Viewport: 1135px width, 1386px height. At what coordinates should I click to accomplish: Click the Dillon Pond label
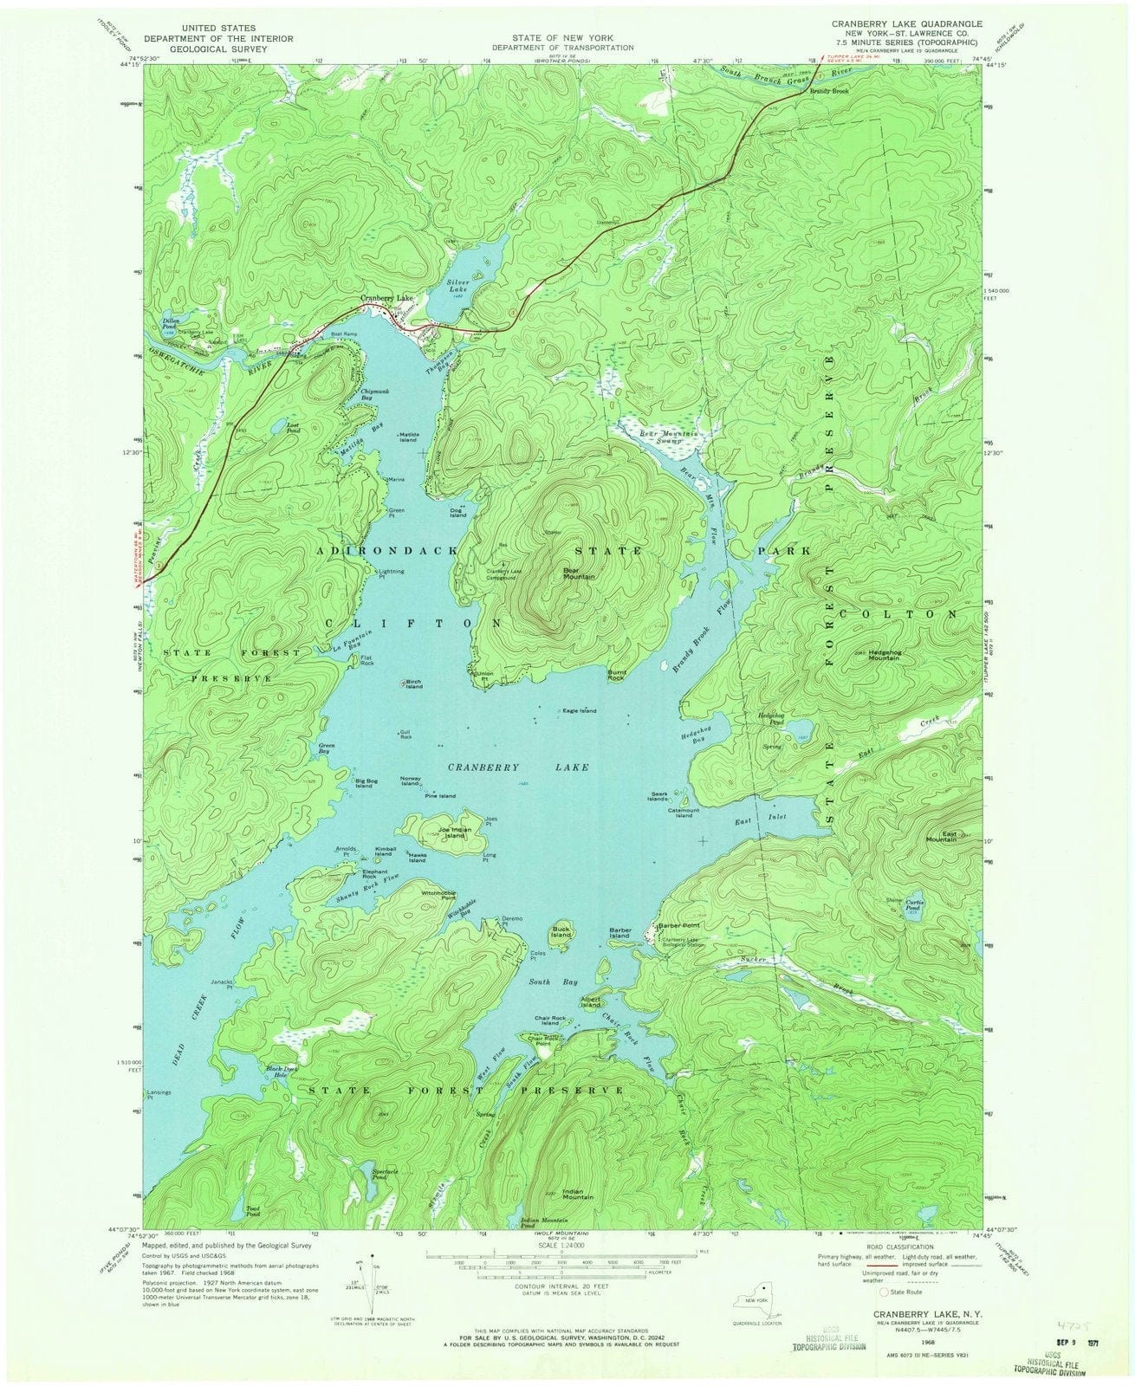point(170,322)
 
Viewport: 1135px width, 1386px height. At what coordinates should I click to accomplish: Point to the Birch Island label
point(413,684)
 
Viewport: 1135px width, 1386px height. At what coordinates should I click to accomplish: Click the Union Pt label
point(485,677)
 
